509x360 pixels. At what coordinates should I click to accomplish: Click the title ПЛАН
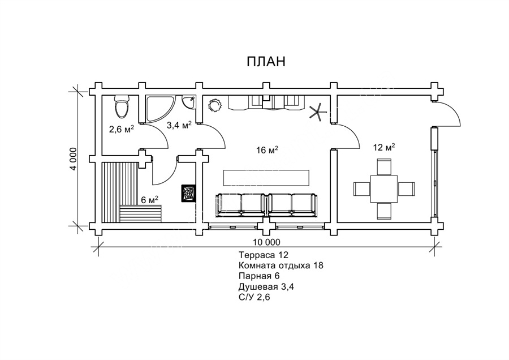[x=266, y=62]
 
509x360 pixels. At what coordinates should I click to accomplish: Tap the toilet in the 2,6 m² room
[x=122, y=106]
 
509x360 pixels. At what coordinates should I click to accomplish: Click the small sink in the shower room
[x=190, y=102]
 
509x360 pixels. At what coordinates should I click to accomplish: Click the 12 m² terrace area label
[x=383, y=148]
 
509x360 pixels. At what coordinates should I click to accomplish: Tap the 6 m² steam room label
[x=149, y=199]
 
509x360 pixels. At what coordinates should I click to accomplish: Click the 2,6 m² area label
[x=121, y=129]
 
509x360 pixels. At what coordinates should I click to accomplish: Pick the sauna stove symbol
[x=188, y=193]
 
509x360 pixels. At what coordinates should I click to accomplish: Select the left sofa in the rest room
[x=240, y=204]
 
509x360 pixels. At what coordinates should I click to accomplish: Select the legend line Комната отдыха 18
[x=281, y=265]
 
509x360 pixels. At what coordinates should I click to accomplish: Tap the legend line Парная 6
[x=259, y=276]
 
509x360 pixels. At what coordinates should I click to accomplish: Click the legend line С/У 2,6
[x=255, y=298]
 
